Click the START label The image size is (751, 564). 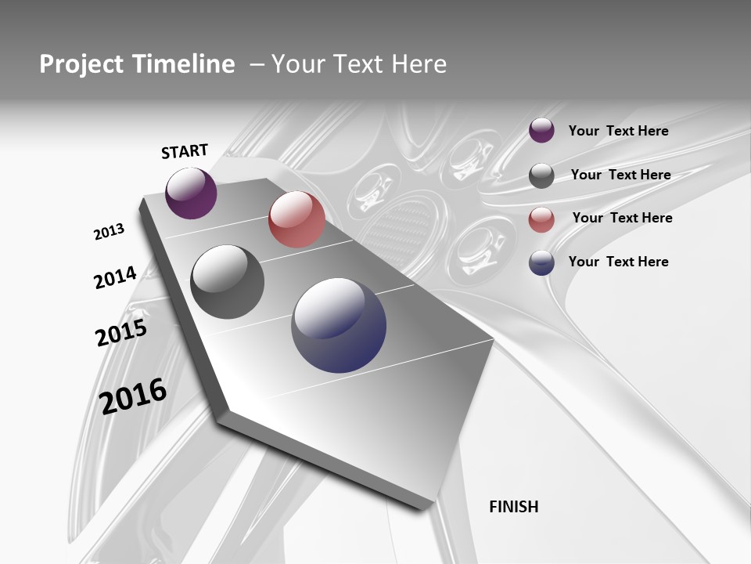pyautogui.click(x=185, y=151)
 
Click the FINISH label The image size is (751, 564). pyautogui.click(x=514, y=507)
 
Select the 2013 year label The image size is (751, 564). pyautogui.click(x=110, y=232)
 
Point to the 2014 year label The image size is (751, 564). pyautogui.click(x=116, y=277)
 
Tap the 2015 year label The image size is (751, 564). pyautogui.click(x=121, y=334)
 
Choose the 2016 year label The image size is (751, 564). pyautogui.click(x=134, y=396)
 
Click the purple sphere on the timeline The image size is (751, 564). pyautogui.click(x=191, y=193)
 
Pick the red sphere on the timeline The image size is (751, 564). pyautogui.click(x=296, y=219)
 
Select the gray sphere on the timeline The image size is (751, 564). pyautogui.click(x=228, y=282)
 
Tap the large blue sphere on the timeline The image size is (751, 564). pyautogui.click(x=339, y=325)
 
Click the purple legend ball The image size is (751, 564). pyautogui.click(x=541, y=131)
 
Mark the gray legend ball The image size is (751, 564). pyautogui.click(x=541, y=175)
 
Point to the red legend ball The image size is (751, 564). pyautogui.click(x=541, y=219)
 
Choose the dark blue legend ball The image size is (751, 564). pyautogui.click(x=541, y=262)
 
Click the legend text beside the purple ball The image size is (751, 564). pyautogui.click(x=619, y=131)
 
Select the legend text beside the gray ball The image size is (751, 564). pyautogui.click(x=621, y=175)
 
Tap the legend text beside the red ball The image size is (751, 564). pyautogui.click(x=623, y=218)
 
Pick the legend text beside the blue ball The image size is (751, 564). pyautogui.click(x=619, y=262)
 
